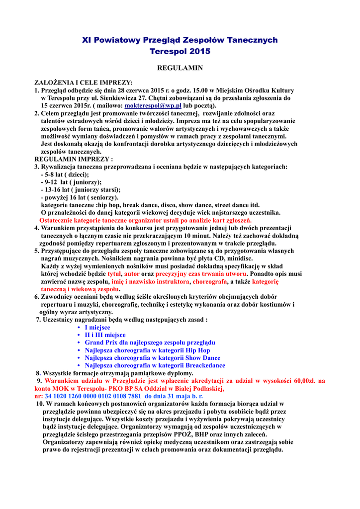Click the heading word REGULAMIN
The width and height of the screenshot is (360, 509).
coord(180,68)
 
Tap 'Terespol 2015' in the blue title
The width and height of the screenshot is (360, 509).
coord(180,51)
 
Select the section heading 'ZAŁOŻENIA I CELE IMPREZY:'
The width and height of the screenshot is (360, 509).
coord(83,83)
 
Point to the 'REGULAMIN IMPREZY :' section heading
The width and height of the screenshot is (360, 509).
coord(74,159)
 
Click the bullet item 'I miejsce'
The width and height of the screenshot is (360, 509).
coord(97,328)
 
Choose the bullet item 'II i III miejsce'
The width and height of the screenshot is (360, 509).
coord(105,335)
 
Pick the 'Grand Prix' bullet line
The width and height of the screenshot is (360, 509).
coord(150,342)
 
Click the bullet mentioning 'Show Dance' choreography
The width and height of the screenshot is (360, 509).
coord(152,358)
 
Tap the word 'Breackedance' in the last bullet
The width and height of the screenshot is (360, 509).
coord(206,365)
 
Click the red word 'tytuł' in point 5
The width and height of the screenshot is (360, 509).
coord(114,274)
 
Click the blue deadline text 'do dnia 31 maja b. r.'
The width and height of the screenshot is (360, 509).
coord(174,396)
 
